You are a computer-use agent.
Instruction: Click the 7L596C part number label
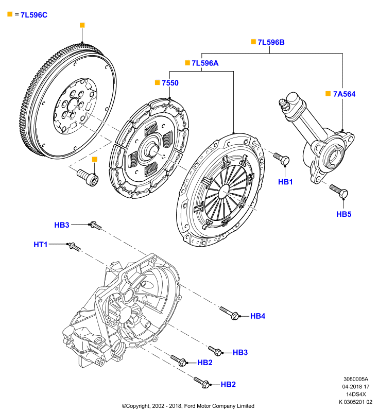34,15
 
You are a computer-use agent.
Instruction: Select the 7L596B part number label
271,42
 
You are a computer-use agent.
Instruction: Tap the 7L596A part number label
205,63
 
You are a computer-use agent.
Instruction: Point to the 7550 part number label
170,83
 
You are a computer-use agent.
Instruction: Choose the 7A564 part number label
345,94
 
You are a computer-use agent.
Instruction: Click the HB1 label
285,182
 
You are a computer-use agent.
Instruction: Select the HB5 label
344,214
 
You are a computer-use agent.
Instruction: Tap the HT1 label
41,245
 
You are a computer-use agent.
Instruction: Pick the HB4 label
257,316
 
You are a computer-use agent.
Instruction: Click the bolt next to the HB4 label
229,313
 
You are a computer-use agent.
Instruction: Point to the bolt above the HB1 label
281,159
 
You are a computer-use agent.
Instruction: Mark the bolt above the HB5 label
339,192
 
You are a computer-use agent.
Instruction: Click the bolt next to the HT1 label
75,247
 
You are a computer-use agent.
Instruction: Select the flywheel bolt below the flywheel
88,178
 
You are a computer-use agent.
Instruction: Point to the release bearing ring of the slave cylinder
334,154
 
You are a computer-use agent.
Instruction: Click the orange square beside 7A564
328,94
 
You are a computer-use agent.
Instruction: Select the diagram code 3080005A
356,379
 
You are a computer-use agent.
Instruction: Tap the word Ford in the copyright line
190,406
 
